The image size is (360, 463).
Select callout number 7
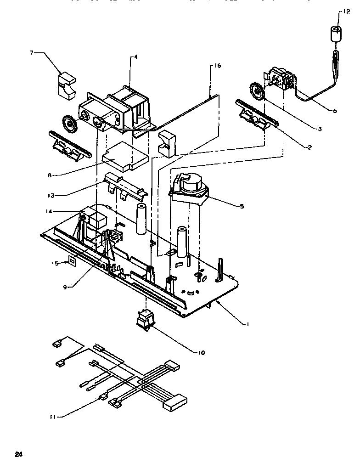32,53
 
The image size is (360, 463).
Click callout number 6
334,110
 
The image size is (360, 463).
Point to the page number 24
18,454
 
